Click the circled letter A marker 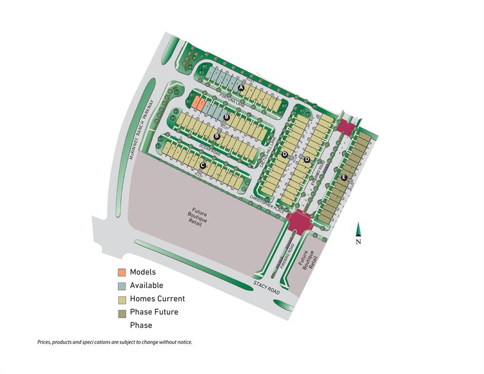click(241, 88)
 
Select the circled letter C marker click(203, 165)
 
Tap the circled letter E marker click(344, 177)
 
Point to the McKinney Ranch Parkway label click(141, 130)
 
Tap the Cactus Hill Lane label click(269, 151)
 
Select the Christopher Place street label click(267, 204)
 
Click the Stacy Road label click(266, 287)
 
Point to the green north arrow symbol click(358, 229)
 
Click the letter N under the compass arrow click(358, 242)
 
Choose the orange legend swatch click(122, 272)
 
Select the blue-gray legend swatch click(122, 286)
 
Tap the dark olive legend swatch click(122, 313)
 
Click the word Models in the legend click(143, 272)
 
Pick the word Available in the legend click(147, 285)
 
